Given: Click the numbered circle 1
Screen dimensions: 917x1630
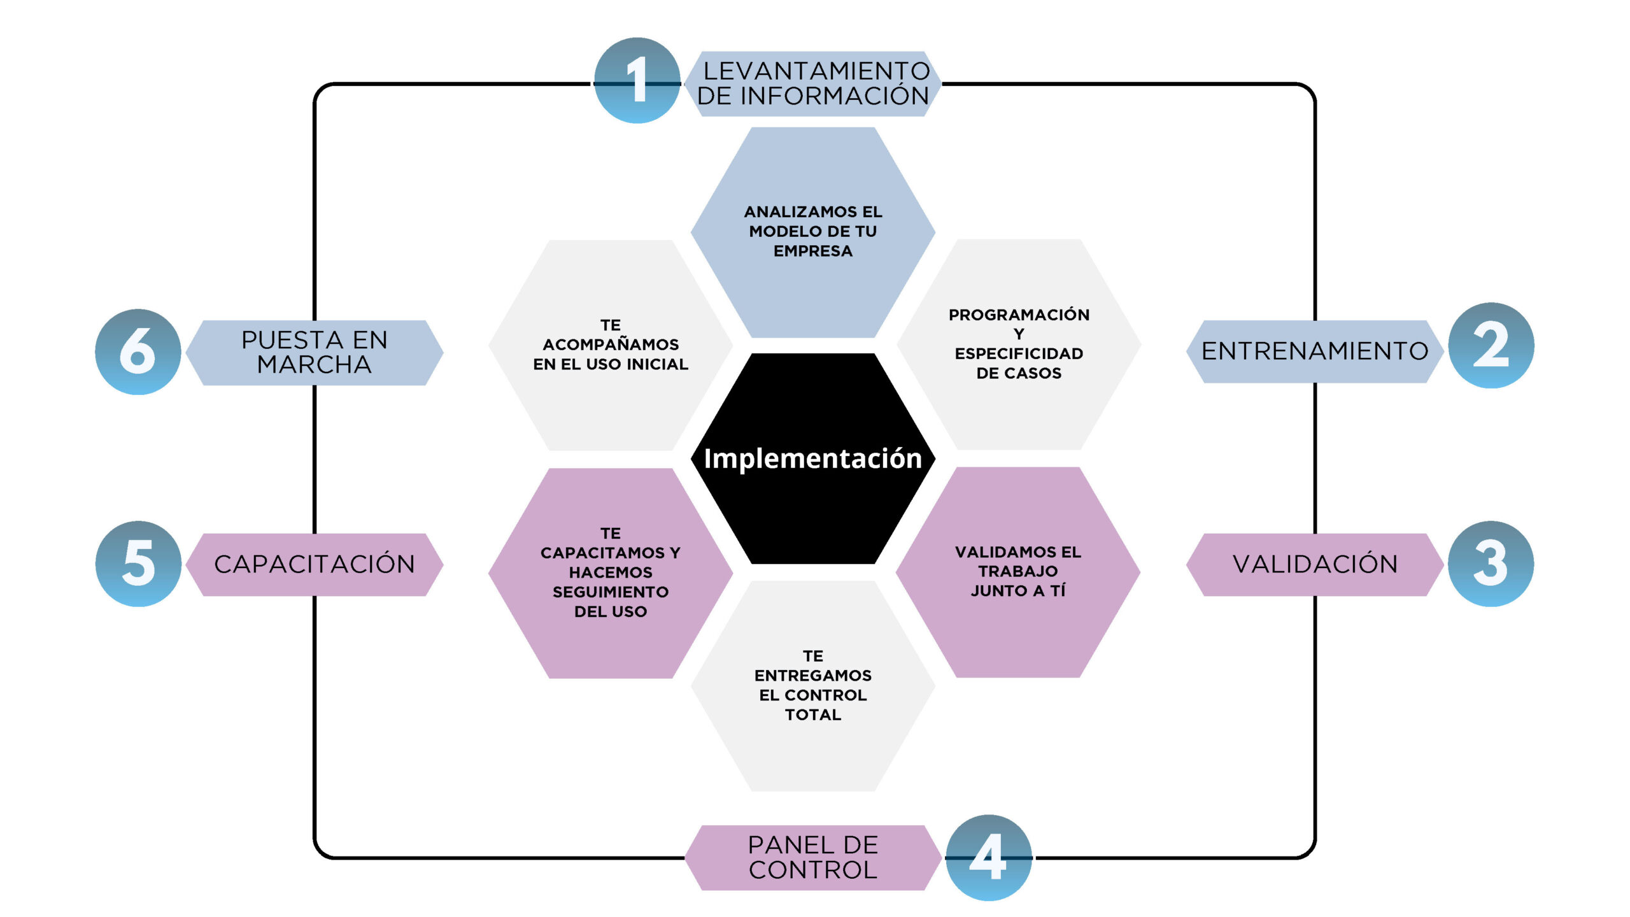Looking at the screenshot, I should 637,80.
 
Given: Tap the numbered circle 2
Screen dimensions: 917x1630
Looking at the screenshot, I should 1491,345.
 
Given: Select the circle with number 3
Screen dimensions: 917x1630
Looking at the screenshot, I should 1491,564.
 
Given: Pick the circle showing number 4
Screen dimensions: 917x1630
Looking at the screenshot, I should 988,857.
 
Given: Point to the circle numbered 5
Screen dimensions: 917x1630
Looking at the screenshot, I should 138,564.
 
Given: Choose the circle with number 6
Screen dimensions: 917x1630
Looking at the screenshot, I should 138,352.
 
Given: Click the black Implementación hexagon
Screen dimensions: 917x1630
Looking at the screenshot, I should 813,458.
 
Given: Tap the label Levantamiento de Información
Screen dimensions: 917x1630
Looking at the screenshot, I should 813,83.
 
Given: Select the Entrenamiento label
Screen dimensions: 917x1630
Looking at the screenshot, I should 1314,352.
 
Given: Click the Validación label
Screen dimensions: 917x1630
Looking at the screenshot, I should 1314,564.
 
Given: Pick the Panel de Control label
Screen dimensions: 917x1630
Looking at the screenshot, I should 813,857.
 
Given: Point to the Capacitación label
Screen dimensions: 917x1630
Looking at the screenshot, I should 315,564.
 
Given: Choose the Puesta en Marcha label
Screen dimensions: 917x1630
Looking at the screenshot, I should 315,352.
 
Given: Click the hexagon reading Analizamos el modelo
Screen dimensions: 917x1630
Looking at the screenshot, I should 813,231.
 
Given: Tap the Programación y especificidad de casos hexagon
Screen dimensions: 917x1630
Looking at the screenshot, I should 1019,344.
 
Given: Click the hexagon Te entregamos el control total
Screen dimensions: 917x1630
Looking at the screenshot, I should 813,686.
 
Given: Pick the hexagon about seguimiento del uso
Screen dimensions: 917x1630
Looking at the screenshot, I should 611,572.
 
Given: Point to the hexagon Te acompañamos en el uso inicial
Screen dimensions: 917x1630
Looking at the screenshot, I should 611,345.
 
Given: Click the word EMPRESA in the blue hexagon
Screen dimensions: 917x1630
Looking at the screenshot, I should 813,252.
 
